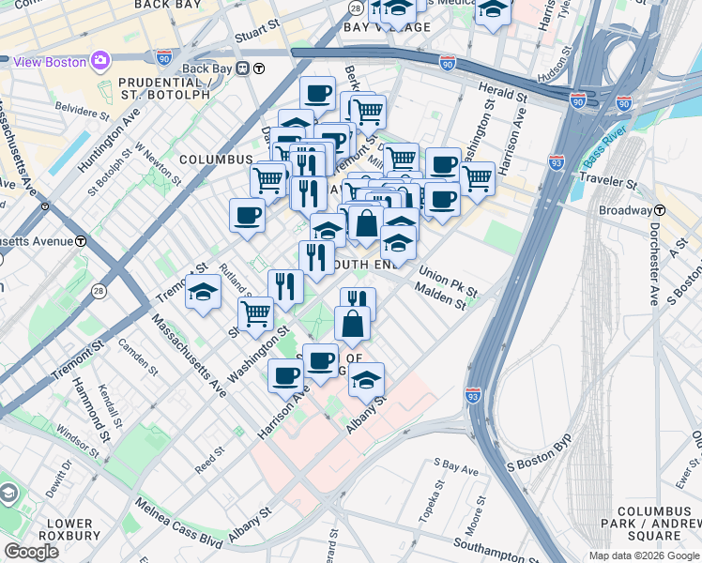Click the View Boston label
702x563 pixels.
49,62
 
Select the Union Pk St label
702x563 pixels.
449,277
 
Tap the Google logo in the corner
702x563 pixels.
31,552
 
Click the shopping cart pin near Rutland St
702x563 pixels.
255,312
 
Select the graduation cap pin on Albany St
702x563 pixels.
367,379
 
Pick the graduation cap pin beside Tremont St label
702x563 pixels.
203,291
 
